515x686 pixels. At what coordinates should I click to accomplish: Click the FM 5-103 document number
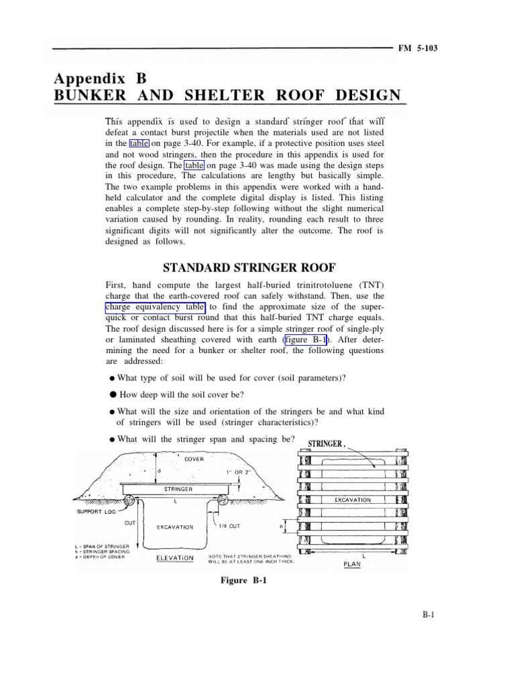coord(419,49)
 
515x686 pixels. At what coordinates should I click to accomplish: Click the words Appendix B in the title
coord(100,77)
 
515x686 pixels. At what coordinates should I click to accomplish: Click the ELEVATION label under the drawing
coord(176,557)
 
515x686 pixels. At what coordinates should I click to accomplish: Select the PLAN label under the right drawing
coord(353,564)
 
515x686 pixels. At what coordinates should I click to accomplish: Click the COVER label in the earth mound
coord(194,461)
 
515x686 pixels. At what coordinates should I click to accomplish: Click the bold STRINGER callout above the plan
coord(326,443)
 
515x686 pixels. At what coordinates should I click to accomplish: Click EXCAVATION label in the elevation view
coord(175,527)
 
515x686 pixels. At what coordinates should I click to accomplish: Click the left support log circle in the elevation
coord(130,501)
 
